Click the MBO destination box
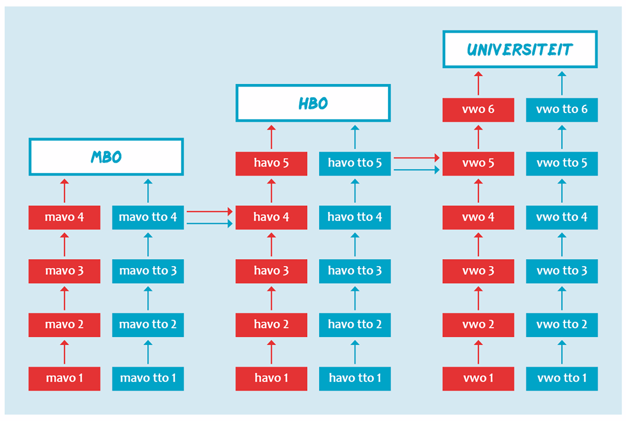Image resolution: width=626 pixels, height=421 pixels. [x=106, y=140]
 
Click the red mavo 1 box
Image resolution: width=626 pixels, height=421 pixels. [x=64, y=379]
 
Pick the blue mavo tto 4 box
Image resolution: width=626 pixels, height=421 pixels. [x=148, y=217]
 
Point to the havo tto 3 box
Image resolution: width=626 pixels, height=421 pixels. [x=355, y=271]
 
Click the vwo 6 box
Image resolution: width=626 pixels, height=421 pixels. [x=478, y=110]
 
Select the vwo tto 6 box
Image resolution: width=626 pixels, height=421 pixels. [x=562, y=110]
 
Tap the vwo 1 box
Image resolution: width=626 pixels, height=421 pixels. [x=478, y=379]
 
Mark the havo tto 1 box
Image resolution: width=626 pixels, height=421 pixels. [x=355, y=379]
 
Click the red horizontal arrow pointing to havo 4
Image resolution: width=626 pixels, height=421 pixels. [x=210, y=212]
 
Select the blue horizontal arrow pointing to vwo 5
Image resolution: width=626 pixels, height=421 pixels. [x=416, y=170]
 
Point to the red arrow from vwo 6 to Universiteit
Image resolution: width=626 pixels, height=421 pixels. [x=478, y=83]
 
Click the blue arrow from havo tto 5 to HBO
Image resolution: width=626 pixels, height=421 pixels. [x=355, y=137]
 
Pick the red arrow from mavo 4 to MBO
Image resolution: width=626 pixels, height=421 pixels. [x=64, y=191]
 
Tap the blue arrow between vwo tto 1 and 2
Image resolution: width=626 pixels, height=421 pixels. [x=562, y=352]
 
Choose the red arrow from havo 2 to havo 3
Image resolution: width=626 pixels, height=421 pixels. [x=271, y=298]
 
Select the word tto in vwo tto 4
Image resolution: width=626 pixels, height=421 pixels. [x=570, y=217]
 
